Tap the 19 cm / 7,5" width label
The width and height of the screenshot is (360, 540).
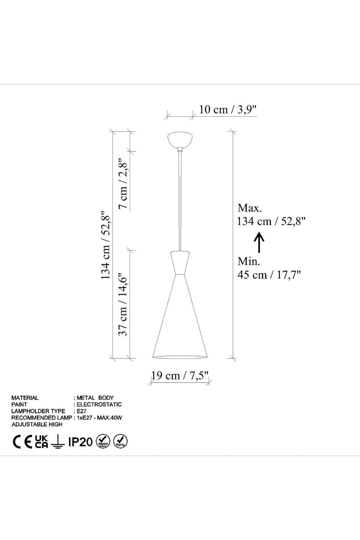(180, 375)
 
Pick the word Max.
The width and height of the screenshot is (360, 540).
(249, 208)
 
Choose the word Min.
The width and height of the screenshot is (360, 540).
(249, 261)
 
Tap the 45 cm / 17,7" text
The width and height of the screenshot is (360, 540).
(269, 275)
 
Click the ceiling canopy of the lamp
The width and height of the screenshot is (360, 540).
(180, 140)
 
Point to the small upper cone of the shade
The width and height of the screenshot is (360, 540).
(180, 263)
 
